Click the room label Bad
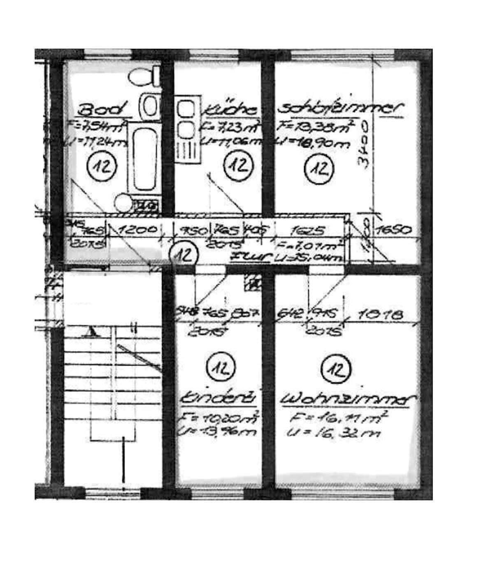point(101,110)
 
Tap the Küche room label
point(232,110)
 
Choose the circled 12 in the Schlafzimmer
point(318,168)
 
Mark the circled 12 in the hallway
point(184,255)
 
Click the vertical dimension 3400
point(363,143)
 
